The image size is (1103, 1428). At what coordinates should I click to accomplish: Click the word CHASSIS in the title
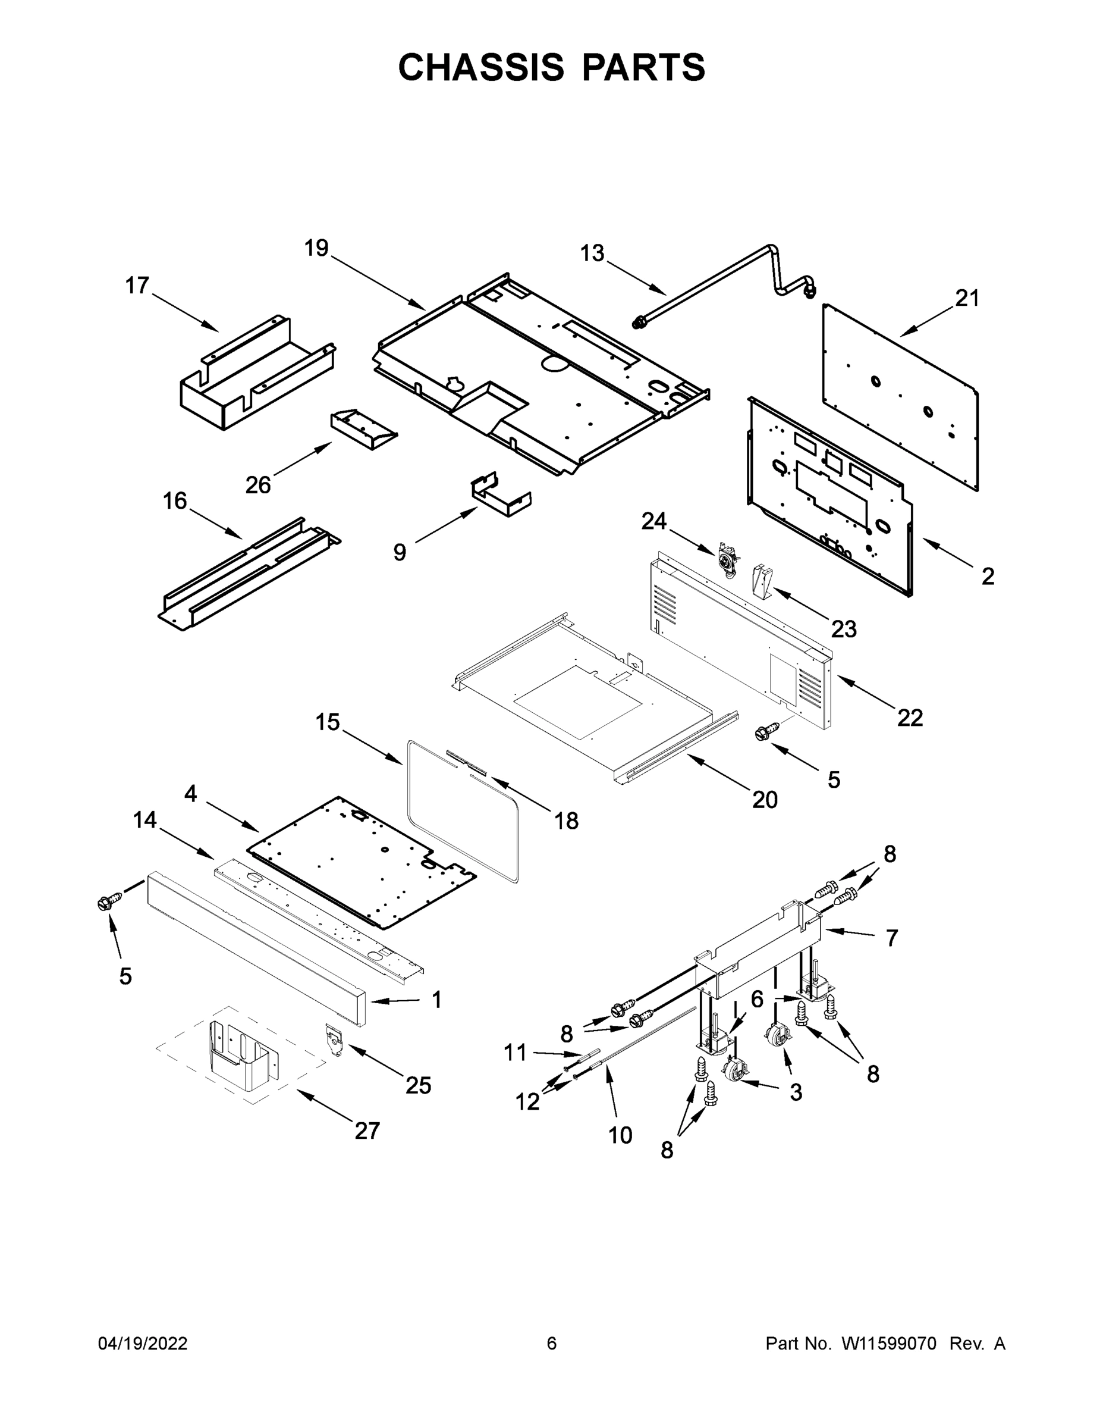tap(481, 67)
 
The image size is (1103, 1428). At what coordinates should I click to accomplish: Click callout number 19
tap(316, 249)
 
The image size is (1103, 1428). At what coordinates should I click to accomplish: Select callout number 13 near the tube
tap(592, 253)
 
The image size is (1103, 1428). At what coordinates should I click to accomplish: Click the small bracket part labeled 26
tap(363, 428)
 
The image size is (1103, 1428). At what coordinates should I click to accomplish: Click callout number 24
tap(653, 521)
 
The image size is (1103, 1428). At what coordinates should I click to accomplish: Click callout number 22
tap(910, 717)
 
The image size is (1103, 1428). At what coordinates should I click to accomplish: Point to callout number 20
tap(765, 799)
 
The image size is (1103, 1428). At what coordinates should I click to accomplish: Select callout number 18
tap(566, 821)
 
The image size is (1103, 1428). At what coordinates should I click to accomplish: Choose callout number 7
tap(892, 938)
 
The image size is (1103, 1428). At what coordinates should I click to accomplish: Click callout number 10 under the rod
tap(620, 1135)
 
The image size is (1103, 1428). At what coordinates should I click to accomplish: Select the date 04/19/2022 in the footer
tap(143, 1343)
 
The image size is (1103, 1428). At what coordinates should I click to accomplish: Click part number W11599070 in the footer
tap(889, 1344)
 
